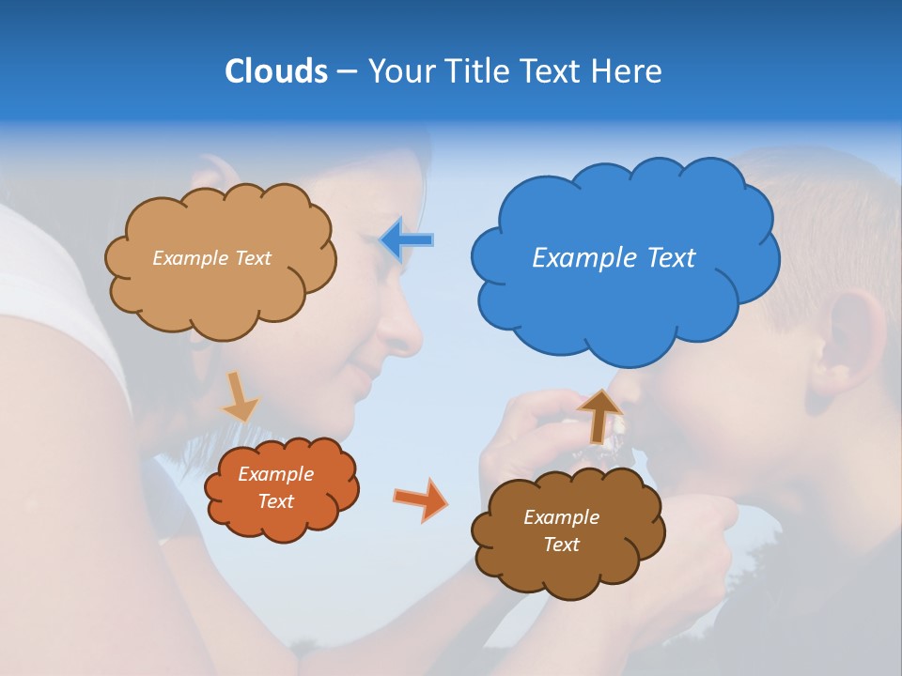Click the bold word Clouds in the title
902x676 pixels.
coord(276,71)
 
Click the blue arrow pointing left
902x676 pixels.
coord(407,240)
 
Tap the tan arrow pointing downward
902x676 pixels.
coord(239,396)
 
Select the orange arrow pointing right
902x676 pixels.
coord(421,499)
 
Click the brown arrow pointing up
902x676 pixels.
coord(599,415)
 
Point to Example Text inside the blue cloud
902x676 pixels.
coord(614,257)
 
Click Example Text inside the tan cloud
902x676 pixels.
coord(211,257)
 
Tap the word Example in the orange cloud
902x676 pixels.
coord(275,474)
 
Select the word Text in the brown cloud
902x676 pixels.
coord(561,545)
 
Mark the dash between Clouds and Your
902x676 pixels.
coord(346,72)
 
